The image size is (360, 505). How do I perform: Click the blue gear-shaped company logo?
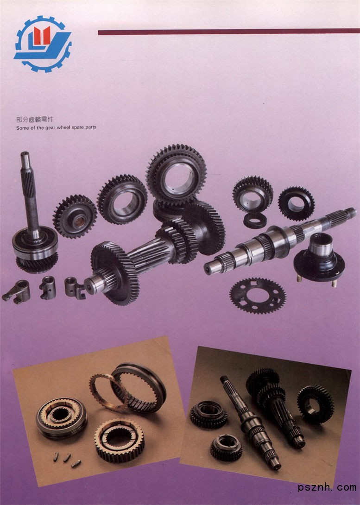43,44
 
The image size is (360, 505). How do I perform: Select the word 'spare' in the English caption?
78,127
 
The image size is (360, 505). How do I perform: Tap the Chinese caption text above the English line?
34,120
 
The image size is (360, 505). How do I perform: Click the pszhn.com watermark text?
327,487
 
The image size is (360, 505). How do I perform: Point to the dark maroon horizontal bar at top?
228,32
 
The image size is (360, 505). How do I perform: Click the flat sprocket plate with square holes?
258,295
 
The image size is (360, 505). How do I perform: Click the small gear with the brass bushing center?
75,216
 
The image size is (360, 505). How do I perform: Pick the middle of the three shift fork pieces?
48,288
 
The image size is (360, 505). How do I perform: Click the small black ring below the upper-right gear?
255,220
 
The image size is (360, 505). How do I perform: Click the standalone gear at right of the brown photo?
315,404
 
